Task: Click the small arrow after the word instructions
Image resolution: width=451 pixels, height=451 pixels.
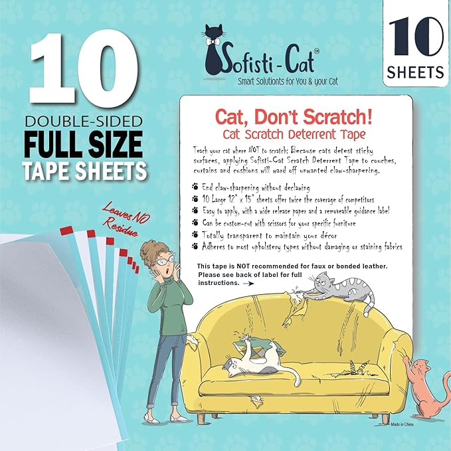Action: coord(248,282)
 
